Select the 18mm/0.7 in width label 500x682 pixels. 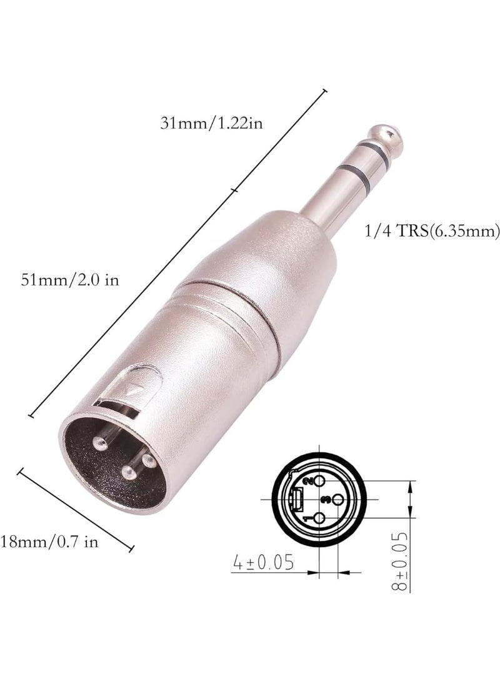(49, 541)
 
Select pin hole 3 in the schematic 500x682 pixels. (334, 500)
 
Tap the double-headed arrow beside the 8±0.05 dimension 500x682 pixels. (410, 500)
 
